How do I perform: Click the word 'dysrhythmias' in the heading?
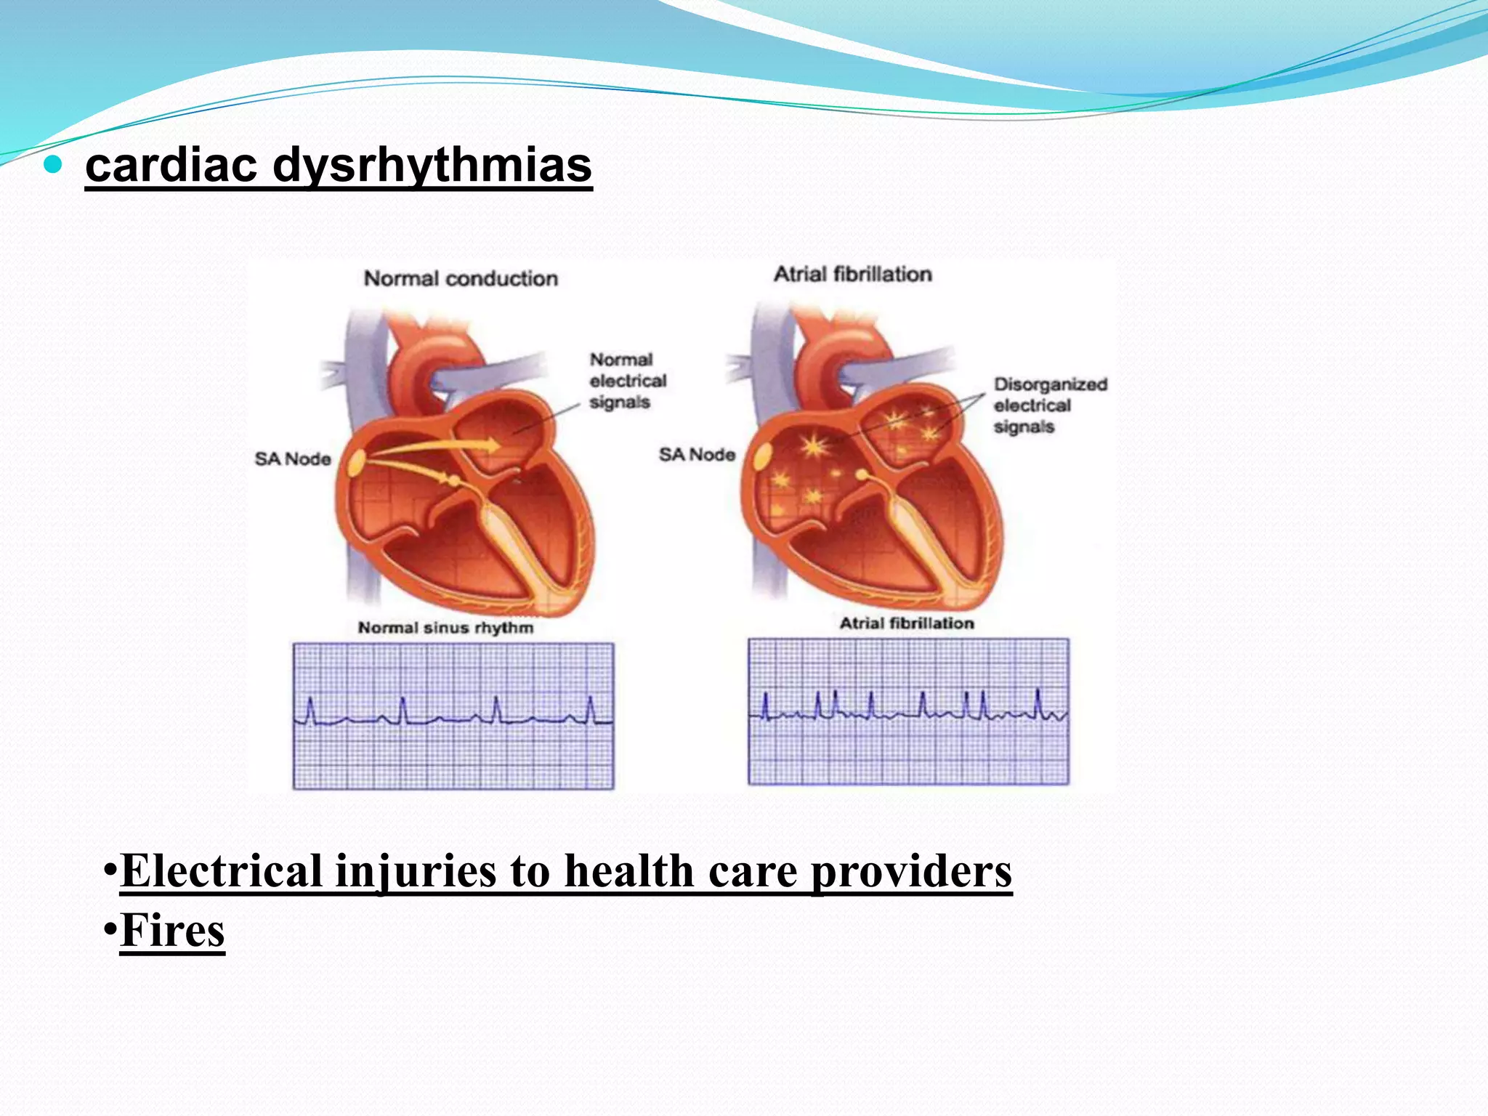432,166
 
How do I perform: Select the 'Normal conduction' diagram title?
461,278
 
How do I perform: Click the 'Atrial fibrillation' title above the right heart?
852,274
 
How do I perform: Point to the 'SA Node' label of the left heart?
293,458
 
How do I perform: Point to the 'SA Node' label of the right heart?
697,455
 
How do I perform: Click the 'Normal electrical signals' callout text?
627,381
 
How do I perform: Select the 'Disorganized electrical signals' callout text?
1050,405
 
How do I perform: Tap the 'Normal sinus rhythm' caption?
445,628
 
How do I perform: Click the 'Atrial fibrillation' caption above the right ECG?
907,623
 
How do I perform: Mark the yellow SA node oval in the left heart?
357,463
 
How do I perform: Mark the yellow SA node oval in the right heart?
762,458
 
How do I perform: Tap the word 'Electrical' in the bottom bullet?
222,871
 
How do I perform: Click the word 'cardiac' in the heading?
171,166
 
